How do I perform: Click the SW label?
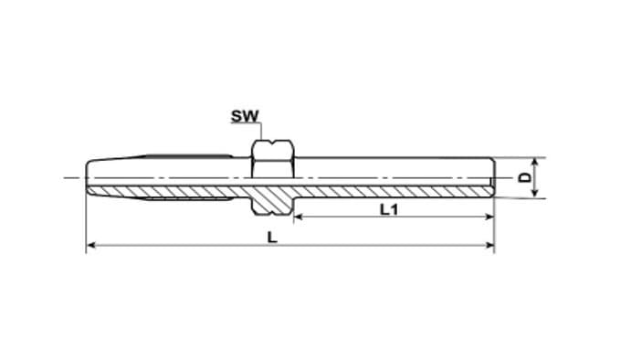pyautogui.click(x=245, y=116)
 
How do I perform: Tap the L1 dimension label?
pyautogui.click(x=389, y=209)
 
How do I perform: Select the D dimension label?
pyautogui.click(x=525, y=177)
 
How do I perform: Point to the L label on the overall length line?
pyautogui.click(x=272, y=238)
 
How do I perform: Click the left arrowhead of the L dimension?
pyautogui.click(x=90, y=246)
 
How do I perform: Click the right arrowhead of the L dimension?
pyautogui.click(x=489, y=246)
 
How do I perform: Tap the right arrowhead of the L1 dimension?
pyautogui.click(x=489, y=217)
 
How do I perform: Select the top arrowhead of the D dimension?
pyautogui.click(x=534, y=162)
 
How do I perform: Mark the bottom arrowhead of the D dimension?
pyautogui.click(x=534, y=193)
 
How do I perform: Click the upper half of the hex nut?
pyautogui.click(x=272, y=159)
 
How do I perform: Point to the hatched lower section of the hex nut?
pyautogui.click(x=272, y=200)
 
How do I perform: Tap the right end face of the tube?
pyautogui.click(x=492, y=177)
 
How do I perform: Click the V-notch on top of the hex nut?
pyautogui.click(x=272, y=142)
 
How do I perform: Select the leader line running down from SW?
pyautogui.click(x=261, y=131)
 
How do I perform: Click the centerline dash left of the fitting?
pyautogui.click(x=74, y=177)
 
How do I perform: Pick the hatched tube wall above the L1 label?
pyautogui.click(x=392, y=191)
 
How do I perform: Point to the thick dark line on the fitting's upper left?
pyautogui.click(x=188, y=155)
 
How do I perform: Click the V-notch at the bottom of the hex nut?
pyautogui.click(x=272, y=214)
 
